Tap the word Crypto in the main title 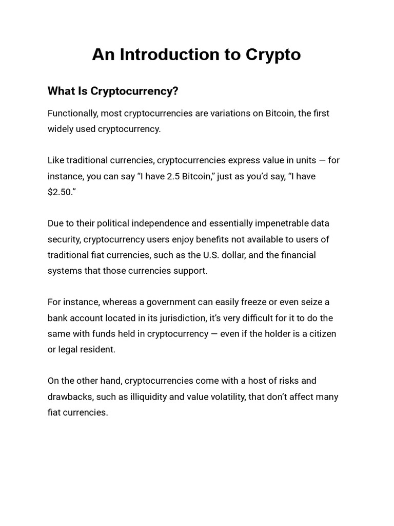(x=270, y=55)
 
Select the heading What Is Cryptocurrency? (x=113, y=91)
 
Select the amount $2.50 (x=61, y=192)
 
